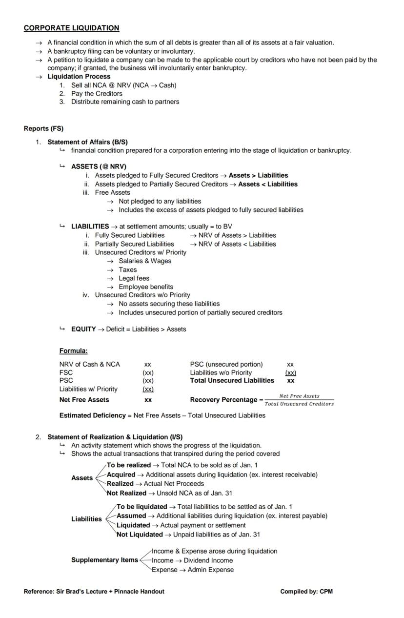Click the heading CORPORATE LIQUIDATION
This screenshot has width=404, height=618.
point(71,28)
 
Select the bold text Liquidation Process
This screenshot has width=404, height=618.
point(79,77)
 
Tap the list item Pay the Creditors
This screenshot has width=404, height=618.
point(97,93)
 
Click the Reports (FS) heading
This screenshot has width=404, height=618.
point(43,128)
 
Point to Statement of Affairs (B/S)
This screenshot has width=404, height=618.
point(87,142)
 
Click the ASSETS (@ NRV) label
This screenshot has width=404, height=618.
point(99,166)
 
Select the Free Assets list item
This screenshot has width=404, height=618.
point(112,192)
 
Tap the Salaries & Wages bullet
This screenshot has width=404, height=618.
point(145,261)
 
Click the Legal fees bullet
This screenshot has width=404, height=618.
point(134,278)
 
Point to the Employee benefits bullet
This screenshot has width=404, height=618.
point(145,287)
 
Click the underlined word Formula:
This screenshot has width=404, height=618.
point(73,350)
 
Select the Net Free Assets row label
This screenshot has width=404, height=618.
point(84,400)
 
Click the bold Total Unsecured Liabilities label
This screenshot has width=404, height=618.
point(232,380)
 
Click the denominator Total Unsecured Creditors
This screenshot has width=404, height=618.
point(299,404)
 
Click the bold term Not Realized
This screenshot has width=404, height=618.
point(126,493)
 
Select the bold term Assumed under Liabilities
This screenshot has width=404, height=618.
point(131,515)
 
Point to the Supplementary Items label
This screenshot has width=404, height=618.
point(104,560)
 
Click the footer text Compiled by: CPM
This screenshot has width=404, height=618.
point(306,592)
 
